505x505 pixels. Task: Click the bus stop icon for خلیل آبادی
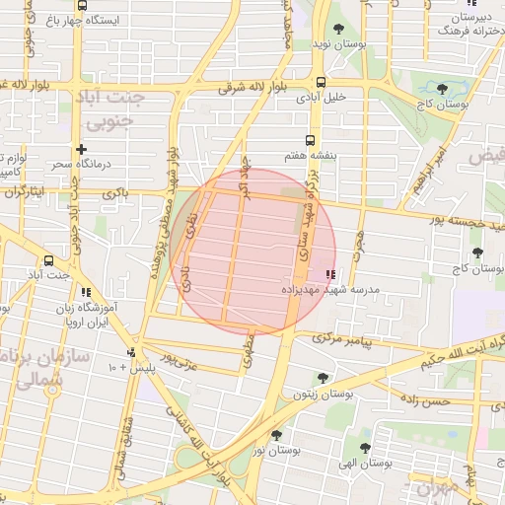pyautogui.click(x=322, y=83)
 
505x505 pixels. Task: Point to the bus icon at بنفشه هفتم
pyautogui.click(x=311, y=140)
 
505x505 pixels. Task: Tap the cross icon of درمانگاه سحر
pyautogui.click(x=96, y=148)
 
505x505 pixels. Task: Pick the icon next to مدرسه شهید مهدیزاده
pyautogui.click(x=329, y=274)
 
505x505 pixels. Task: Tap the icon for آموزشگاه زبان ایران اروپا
pyautogui.click(x=88, y=292)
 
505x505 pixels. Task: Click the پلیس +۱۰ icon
pyautogui.click(x=131, y=352)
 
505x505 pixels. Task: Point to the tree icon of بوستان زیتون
pyautogui.click(x=322, y=378)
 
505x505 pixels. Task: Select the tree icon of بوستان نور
pyautogui.click(x=276, y=434)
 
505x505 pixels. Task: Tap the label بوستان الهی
pyautogui.click(x=371, y=462)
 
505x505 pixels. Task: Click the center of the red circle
pyautogui.click(x=253, y=251)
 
